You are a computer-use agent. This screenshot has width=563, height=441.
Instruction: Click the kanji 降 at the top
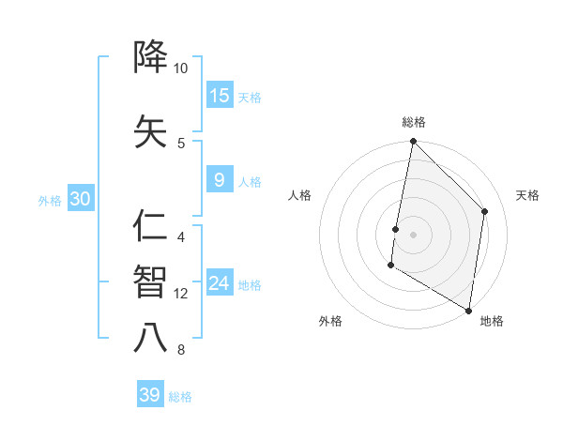[x=151, y=58]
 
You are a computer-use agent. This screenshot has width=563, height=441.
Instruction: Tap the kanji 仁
[x=151, y=226]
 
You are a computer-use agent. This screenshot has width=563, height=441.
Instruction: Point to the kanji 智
[x=151, y=281]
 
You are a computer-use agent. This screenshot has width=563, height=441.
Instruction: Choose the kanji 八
[x=151, y=337]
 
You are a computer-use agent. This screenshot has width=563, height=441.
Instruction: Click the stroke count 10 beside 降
[x=181, y=69]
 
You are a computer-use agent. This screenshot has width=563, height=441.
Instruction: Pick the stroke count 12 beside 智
[x=181, y=294]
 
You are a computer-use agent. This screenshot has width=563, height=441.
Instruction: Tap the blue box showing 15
[x=220, y=96]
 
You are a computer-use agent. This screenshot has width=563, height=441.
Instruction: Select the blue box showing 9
[x=220, y=181]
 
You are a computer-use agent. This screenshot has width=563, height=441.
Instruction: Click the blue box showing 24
[x=220, y=283]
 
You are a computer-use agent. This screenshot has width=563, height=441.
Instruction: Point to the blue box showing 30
[x=80, y=199]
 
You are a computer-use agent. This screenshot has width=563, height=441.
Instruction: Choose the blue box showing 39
[x=150, y=395]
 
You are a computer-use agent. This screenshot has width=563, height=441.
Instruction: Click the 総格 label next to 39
[x=180, y=397]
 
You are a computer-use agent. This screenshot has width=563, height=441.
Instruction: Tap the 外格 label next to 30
[x=50, y=200]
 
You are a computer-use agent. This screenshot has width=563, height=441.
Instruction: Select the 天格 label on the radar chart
[x=527, y=195]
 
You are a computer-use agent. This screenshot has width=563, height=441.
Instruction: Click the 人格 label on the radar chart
[x=299, y=195]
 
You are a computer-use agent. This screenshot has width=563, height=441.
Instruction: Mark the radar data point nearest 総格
[x=413, y=142]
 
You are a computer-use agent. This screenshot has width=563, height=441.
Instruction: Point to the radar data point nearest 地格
[x=468, y=310]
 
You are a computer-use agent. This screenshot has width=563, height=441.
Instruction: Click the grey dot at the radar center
[x=413, y=234]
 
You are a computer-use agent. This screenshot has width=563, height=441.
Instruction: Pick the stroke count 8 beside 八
[x=181, y=351]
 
